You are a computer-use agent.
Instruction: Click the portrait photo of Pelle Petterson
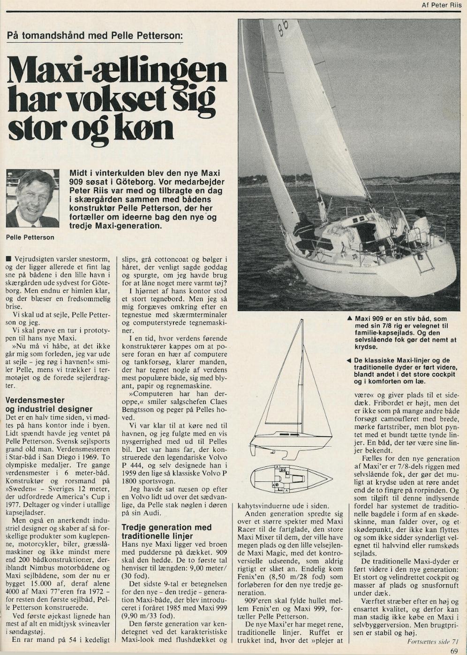pyautogui.click(x=32, y=198)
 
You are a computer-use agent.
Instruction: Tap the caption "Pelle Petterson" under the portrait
pyautogui.click(x=30, y=237)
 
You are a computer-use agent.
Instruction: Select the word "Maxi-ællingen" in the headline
pyautogui.click(x=117, y=70)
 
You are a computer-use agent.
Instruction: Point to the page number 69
pyautogui.click(x=453, y=650)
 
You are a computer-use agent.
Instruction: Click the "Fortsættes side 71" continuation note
pyautogui.click(x=433, y=641)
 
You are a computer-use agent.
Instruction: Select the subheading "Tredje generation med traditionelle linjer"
pyautogui.click(x=166, y=532)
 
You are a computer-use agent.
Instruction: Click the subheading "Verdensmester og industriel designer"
pyautogui.click(x=49, y=404)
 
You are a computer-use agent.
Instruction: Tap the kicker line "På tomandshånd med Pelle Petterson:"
pyautogui.click(x=95, y=36)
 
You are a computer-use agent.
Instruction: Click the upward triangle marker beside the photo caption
pyautogui.click(x=349, y=318)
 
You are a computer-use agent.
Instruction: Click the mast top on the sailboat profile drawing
pyautogui.click(x=302, y=320)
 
